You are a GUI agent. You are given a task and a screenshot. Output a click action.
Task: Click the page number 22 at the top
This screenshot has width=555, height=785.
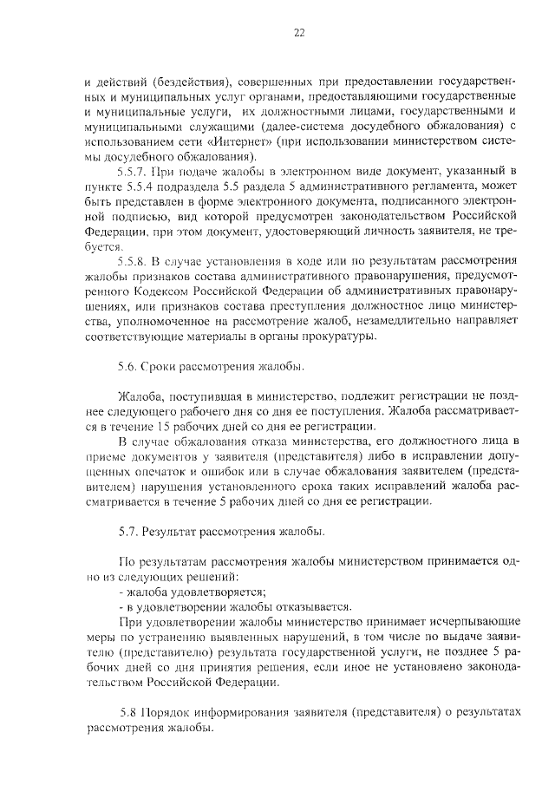299,33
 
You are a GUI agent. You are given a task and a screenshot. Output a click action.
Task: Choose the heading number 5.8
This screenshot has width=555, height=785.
128,711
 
